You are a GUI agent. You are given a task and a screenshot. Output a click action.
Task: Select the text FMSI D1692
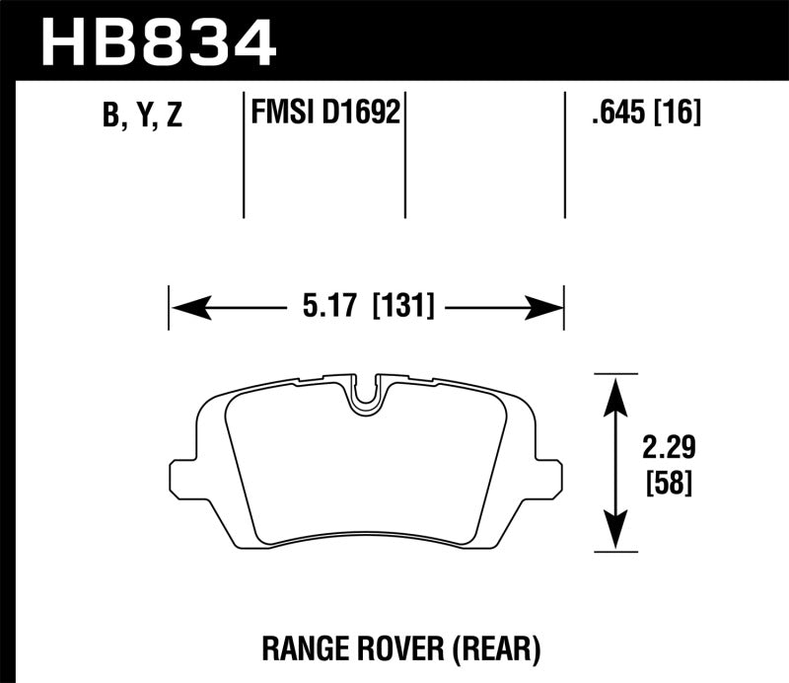(x=325, y=114)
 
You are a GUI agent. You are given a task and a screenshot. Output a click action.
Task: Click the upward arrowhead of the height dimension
(x=615, y=390)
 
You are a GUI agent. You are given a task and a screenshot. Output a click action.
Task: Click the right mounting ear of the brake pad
(x=551, y=478)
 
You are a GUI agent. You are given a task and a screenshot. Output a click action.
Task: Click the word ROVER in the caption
(x=404, y=647)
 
